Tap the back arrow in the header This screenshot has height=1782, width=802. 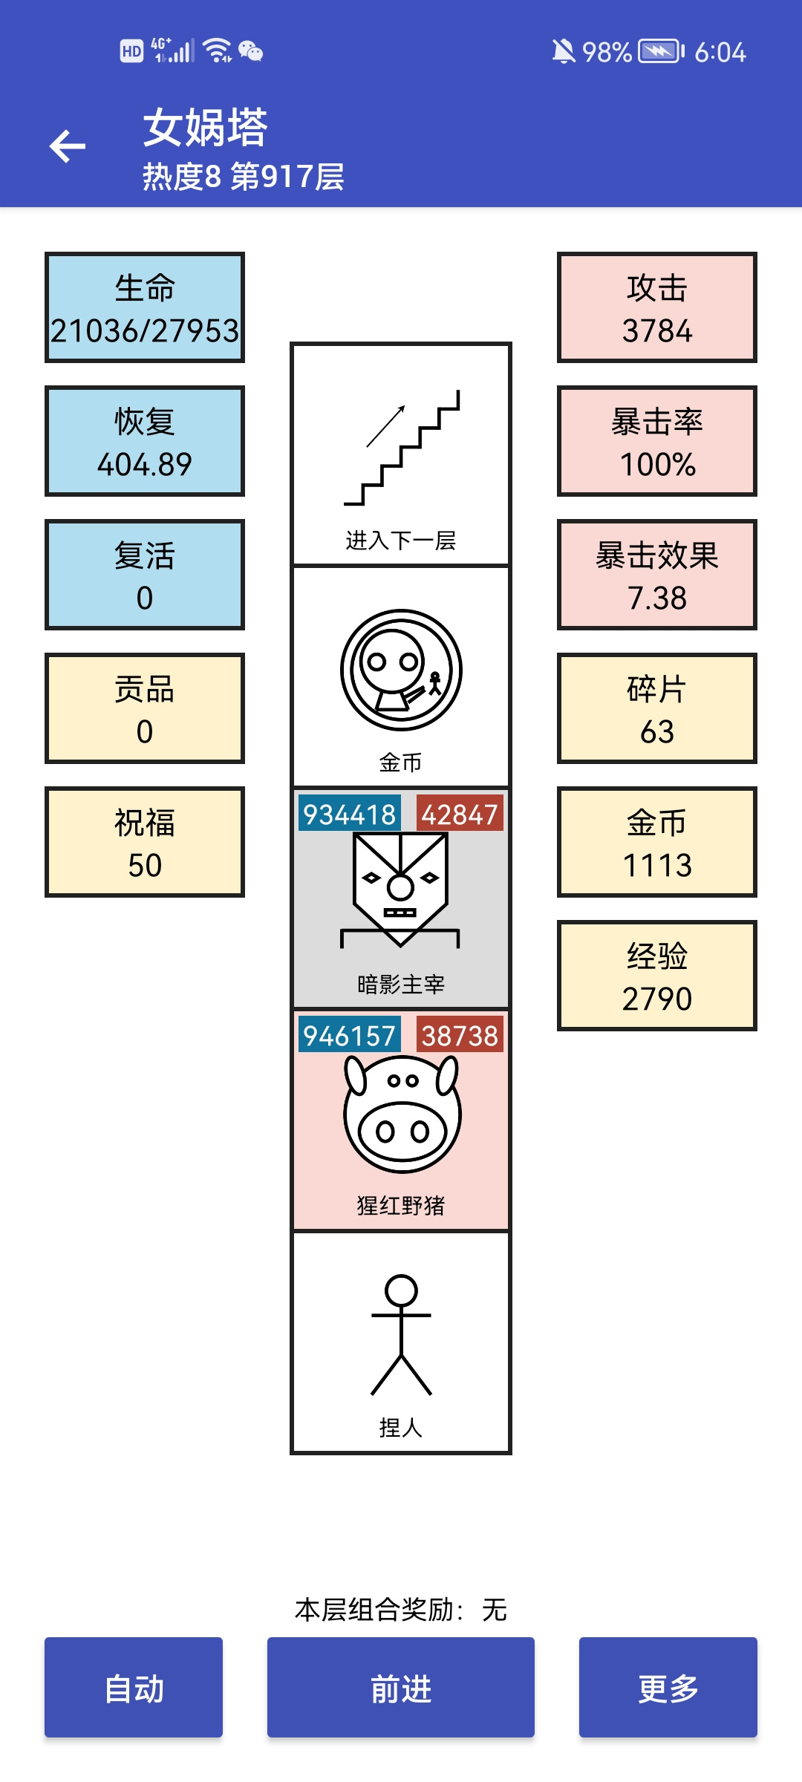click(68, 146)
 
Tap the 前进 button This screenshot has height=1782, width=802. click(401, 1687)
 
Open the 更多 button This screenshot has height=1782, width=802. click(668, 1687)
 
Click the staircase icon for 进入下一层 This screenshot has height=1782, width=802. click(402, 448)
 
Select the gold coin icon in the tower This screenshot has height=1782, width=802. click(401, 670)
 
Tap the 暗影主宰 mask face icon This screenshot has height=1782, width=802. click(400, 890)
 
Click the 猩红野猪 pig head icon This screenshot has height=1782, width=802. click(402, 1113)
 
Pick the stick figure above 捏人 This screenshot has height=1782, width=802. click(401, 1335)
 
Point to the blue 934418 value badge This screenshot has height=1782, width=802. click(350, 814)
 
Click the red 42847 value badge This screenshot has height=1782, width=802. click(460, 814)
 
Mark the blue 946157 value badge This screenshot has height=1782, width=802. click(350, 1035)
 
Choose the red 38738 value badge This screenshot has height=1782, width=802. click(460, 1035)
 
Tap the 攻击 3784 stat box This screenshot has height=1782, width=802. click(657, 307)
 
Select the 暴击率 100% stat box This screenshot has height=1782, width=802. click(657, 441)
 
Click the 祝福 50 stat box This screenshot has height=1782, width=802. click(145, 842)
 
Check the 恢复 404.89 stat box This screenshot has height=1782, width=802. click(145, 441)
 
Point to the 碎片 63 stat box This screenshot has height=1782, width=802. click(657, 708)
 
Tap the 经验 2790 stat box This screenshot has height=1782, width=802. click(657, 976)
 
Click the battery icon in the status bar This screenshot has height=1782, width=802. click(661, 51)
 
